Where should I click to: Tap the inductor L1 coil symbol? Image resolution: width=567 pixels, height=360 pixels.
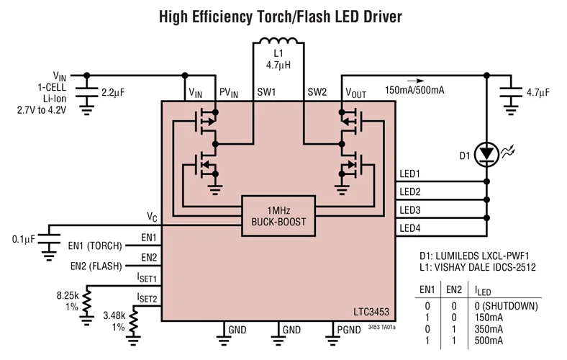(281, 41)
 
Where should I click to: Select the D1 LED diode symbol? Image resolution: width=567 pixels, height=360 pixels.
(488, 153)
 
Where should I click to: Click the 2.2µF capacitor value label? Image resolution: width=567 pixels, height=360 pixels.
(114, 93)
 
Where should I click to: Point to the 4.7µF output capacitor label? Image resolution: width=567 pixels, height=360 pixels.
(537, 93)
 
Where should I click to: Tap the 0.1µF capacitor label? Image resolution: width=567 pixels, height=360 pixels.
(24, 239)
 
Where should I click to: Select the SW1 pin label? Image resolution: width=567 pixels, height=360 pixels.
(266, 92)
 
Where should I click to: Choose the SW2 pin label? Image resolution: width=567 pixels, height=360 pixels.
(317, 92)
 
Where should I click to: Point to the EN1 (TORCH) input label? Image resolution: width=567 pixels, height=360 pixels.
(95, 246)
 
